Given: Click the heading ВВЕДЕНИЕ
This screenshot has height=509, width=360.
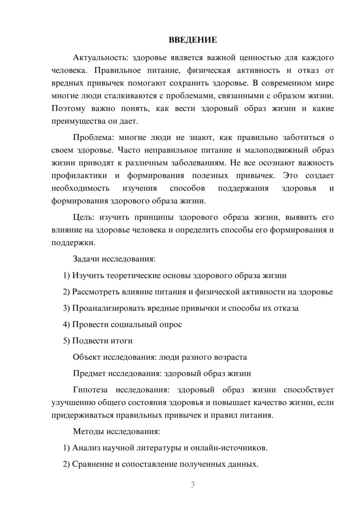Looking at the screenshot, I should (x=193, y=40).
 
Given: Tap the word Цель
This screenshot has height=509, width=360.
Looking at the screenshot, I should (x=84, y=217).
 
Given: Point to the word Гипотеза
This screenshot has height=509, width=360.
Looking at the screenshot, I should (x=90, y=390).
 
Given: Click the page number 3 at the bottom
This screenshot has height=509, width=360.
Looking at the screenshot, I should (x=193, y=485).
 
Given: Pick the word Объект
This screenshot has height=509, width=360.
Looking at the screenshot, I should (x=87, y=357).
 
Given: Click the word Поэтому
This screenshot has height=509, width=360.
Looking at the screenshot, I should (x=68, y=108).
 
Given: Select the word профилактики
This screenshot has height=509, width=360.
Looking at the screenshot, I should (x=79, y=176).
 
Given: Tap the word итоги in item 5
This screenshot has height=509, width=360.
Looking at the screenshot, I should (x=122, y=341).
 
